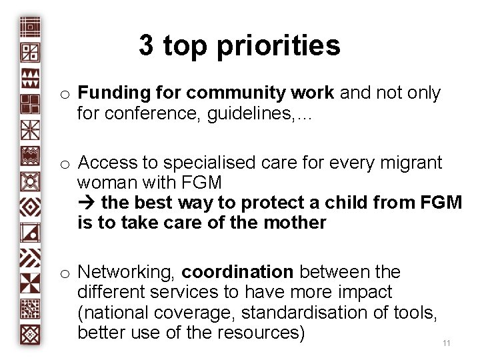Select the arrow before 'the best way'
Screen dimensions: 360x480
pyautogui.click(x=87, y=202)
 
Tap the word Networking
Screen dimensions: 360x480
pyautogui.click(x=126, y=272)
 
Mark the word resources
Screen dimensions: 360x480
pyautogui.click(x=261, y=332)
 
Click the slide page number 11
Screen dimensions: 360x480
pyautogui.click(x=447, y=343)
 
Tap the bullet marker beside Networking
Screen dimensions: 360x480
pyautogui.click(x=65, y=273)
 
